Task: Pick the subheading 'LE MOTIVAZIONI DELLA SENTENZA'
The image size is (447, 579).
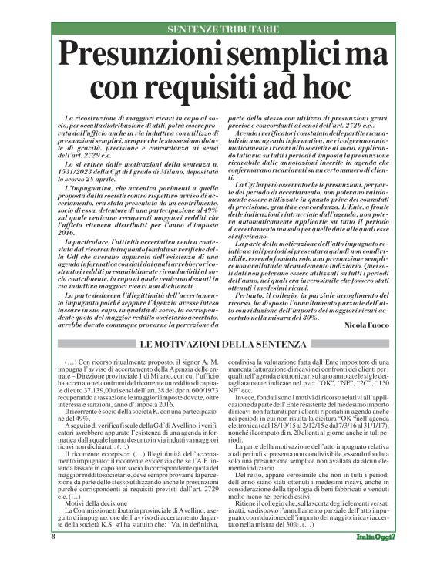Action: click(x=223, y=343)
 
